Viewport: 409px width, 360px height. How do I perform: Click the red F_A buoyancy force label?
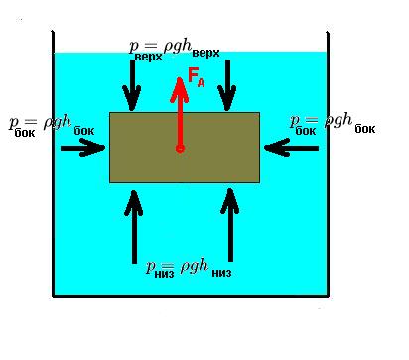coord(197,76)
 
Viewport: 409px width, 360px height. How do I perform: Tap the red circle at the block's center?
coord(180,149)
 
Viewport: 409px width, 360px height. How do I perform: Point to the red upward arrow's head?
coord(180,90)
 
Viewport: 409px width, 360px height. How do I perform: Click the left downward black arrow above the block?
coord(132,85)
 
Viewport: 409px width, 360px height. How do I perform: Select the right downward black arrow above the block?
coord(227,85)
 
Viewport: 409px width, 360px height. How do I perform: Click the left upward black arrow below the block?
coord(134,227)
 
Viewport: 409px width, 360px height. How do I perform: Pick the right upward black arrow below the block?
coord(230,225)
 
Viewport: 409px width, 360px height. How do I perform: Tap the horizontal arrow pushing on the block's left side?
coord(82,148)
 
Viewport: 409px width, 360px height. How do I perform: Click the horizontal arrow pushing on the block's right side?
coord(292,148)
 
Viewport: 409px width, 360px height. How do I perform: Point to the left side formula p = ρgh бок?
coord(52,126)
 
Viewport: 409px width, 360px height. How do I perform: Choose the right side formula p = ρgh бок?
coord(333,124)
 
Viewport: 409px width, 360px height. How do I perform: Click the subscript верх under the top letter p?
coord(149,57)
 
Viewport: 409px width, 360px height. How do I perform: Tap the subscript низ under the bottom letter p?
coord(164,274)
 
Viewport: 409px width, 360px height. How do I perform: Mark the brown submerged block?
coord(185,148)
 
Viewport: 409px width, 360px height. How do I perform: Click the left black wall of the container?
coord(53,164)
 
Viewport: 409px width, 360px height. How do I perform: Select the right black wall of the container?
coord(328,164)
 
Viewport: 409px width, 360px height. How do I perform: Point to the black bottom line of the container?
coord(191,296)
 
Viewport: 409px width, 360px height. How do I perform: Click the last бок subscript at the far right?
coord(365,129)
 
